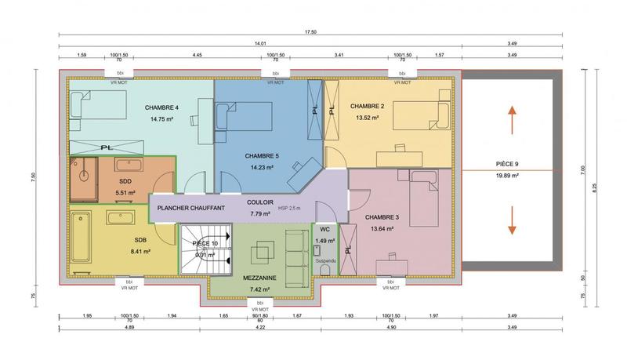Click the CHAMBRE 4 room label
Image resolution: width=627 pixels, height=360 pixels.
(161, 107)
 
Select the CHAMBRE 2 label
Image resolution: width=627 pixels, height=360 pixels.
(367, 106)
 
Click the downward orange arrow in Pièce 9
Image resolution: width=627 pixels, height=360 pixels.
(512, 219)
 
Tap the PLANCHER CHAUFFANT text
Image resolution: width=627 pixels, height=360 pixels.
(190, 208)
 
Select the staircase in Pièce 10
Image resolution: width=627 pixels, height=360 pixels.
(206, 249)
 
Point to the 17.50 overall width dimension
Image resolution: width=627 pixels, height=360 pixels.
(310, 33)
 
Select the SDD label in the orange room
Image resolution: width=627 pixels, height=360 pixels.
(125, 181)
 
